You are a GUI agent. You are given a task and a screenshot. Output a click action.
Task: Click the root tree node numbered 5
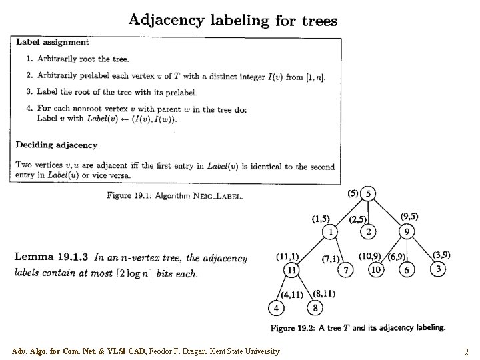pos(368,194)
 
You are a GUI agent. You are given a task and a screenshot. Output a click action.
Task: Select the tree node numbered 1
pos(331,232)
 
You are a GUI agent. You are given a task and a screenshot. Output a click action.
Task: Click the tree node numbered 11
pos(291,270)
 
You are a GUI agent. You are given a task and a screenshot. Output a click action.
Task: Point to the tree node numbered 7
pos(346,270)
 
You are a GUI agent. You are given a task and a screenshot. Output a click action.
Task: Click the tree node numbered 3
pos(438,269)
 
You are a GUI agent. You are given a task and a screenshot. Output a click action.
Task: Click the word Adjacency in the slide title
pos(167,19)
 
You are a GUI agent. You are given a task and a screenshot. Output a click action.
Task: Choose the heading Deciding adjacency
pos(57,145)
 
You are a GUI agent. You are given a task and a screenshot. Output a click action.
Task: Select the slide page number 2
pos(466,352)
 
